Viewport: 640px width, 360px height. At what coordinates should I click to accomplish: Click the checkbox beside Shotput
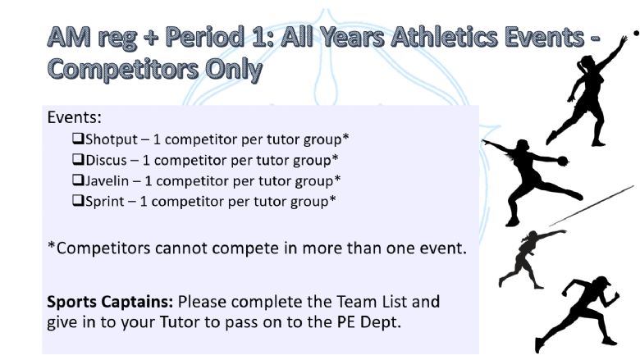79,139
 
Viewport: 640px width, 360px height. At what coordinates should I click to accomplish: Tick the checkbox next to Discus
79,159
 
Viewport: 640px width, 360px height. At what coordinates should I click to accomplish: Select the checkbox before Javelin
79,180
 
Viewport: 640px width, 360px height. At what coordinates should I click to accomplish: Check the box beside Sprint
79,201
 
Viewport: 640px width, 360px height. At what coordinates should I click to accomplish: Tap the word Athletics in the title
444,37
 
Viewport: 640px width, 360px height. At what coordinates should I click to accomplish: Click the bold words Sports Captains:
110,302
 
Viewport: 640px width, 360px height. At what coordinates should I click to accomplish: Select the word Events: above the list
75,117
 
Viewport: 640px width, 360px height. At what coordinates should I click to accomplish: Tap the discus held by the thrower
563,161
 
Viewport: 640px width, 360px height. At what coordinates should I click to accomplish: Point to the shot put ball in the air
636,33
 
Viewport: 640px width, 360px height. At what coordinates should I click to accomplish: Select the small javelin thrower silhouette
531,259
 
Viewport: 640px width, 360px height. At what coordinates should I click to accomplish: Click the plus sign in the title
152,38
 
